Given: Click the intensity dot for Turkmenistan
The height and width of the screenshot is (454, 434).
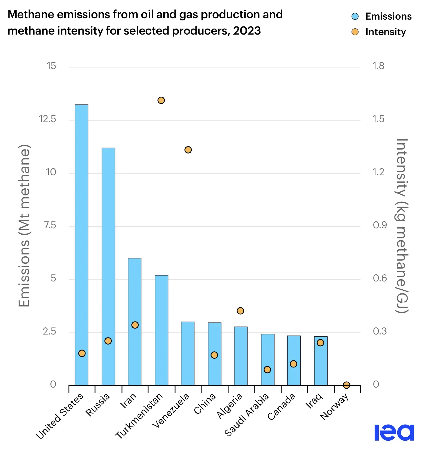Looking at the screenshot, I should (161, 100).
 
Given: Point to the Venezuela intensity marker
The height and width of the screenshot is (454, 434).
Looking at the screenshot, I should (188, 150).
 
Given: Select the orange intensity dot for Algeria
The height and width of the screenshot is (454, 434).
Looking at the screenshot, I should (240, 311).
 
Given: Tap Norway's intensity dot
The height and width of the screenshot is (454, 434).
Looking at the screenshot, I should (347, 385).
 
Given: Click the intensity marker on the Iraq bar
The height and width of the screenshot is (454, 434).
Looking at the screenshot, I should (320, 343).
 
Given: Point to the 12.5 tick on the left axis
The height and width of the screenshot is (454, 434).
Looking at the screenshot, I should (47, 119).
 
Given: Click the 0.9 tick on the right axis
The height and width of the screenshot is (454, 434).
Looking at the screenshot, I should (380, 225).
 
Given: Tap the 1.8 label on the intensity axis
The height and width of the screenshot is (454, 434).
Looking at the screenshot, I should (378, 66).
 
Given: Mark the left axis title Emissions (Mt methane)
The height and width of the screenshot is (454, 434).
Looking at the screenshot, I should (25, 226).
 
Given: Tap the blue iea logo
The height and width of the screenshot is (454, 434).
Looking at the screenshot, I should (394, 432).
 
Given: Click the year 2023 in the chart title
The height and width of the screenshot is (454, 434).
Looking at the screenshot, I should (247, 31).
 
